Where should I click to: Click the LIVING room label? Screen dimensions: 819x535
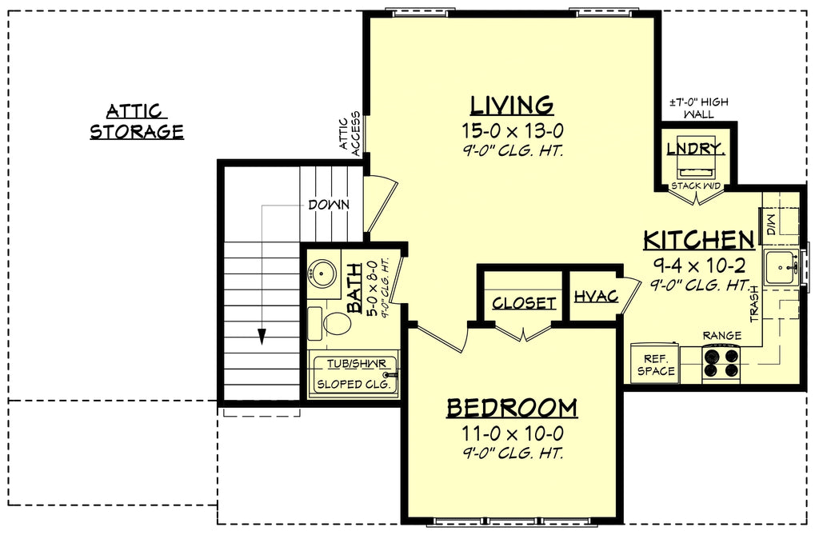(511, 105)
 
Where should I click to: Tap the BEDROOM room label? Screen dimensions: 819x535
(512, 408)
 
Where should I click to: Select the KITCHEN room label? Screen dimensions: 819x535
(699, 241)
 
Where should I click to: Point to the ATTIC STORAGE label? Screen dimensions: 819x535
(137, 122)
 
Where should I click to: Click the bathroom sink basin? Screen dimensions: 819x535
(322, 273)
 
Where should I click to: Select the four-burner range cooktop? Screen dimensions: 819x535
(722, 363)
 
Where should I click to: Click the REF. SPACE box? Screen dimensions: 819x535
(655, 363)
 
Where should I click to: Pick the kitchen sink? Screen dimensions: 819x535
(781, 267)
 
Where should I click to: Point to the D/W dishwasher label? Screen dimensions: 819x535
(772, 224)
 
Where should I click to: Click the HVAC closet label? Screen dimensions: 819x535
(596, 297)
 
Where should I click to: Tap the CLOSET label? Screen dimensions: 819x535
(524, 303)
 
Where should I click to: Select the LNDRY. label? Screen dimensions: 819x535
(697, 149)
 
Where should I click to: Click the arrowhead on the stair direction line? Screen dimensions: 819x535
(262, 337)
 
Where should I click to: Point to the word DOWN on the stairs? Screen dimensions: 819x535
(329, 205)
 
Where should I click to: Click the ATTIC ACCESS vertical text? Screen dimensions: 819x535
(350, 134)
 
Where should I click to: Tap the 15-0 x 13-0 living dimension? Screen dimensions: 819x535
(513, 130)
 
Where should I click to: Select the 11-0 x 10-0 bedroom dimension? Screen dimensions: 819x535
(513, 433)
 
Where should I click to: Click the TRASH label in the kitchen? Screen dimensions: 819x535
(755, 304)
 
